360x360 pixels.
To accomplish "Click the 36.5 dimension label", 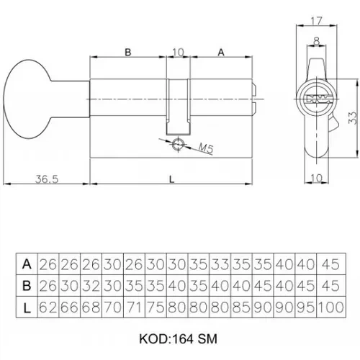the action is (47, 179).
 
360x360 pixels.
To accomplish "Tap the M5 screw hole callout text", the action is (206, 148).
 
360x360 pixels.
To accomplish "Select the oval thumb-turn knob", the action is (27, 99).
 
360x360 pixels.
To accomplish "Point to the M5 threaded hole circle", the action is (179, 145).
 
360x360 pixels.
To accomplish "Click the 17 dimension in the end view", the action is (316, 21).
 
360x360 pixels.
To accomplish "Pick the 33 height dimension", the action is (353, 117).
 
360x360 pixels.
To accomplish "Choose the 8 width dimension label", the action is (317, 42).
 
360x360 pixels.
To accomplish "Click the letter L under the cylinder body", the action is (171, 179).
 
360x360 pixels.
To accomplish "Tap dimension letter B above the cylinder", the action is (128, 52).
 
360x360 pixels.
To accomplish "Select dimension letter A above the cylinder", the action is (221, 52).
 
